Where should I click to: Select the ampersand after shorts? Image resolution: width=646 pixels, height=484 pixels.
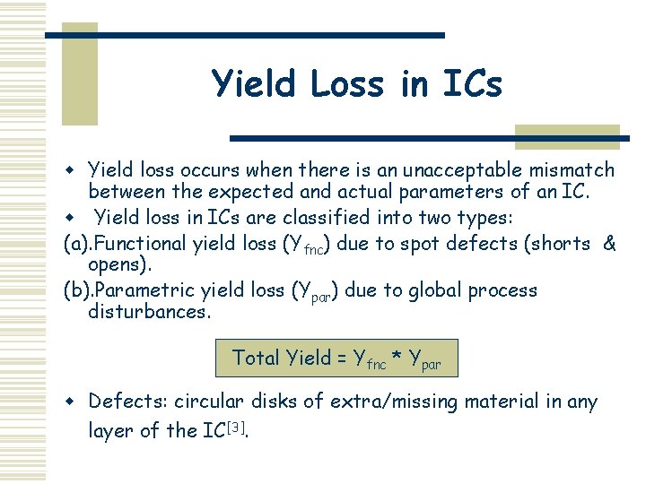click(610, 243)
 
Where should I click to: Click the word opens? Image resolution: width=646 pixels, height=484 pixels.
click(120, 266)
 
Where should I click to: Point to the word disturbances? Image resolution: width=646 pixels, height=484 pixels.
click(149, 313)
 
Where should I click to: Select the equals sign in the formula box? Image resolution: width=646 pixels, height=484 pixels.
click(343, 359)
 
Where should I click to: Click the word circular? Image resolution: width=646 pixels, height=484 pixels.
click(207, 402)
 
